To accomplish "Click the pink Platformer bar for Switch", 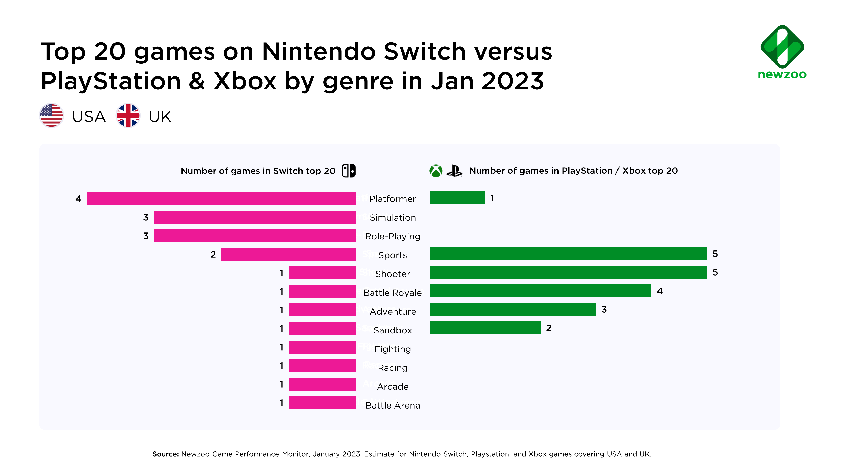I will pyautogui.click(x=221, y=198).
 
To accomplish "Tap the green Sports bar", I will pyautogui.click(x=568, y=254).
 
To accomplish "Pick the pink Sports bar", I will pyautogui.click(x=289, y=254).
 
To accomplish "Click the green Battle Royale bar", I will pyautogui.click(x=540, y=291).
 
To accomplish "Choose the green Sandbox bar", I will pyautogui.click(x=485, y=328).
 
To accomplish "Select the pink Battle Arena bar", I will pyautogui.click(x=322, y=403).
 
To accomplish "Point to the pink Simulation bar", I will pyautogui.click(x=255, y=217).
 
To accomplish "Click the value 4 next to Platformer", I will pyautogui.click(x=78, y=199).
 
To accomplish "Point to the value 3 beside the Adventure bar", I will pyautogui.click(x=604, y=310).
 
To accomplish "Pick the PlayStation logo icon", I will pyautogui.click(x=454, y=171).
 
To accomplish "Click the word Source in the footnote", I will pyautogui.click(x=165, y=454).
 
